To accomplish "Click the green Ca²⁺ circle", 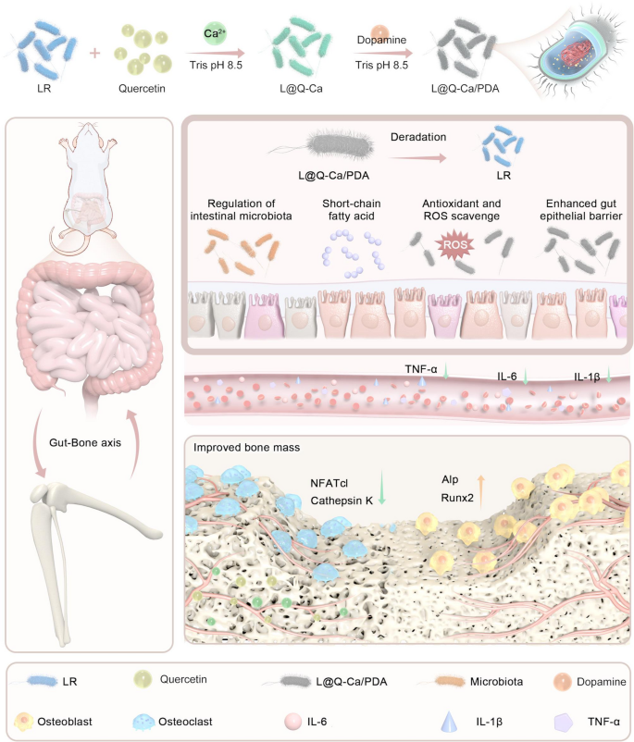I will pos(211,35).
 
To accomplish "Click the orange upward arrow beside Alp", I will pos(479,488).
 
